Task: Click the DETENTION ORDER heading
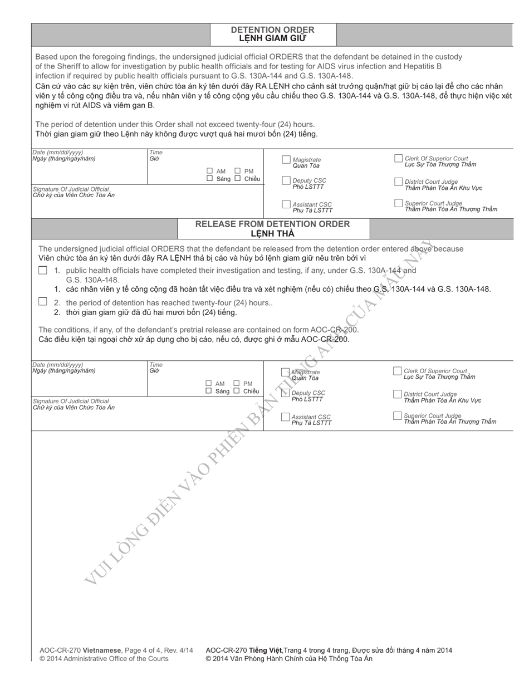(272, 30)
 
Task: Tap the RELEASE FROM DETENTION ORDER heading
(272, 224)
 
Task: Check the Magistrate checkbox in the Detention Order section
(286, 160)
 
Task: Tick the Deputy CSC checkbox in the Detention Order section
(286, 180)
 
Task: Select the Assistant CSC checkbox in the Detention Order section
(286, 204)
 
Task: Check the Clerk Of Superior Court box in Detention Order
(398, 158)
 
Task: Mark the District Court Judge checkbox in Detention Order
(398, 182)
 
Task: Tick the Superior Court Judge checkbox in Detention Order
(398, 203)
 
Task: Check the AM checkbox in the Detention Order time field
(209, 171)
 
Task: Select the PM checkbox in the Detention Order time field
(237, 171)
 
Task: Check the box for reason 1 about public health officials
(43, 270)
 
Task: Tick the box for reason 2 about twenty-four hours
(43, 301)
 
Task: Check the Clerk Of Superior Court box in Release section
(397, 371)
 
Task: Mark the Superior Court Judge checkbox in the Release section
(397, 415)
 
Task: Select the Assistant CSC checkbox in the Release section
(285, 417)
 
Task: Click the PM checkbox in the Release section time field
(237, 383)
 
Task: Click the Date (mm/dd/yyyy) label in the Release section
(57, 365)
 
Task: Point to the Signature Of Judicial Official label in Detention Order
(71, 189)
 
